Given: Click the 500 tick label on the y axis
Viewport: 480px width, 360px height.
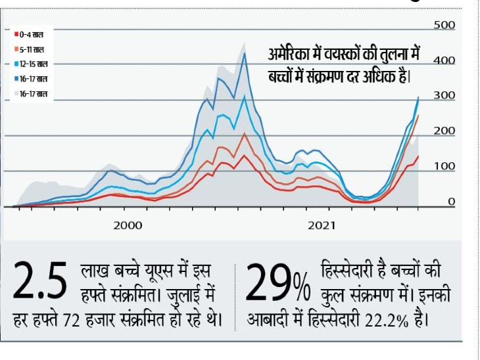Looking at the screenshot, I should tap(444, 25).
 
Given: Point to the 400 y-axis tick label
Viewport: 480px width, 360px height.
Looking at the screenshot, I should tap(444, 60).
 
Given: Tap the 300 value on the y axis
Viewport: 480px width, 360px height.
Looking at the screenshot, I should tap(444, 96).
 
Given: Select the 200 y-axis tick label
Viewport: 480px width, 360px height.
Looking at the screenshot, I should tap(444, 131).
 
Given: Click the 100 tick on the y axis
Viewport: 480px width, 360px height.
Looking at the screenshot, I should tap(444, 167).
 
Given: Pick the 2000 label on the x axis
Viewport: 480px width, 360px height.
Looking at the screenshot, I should tap(128, 225).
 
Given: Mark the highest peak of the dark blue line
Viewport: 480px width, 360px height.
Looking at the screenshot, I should tap(245, 54).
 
